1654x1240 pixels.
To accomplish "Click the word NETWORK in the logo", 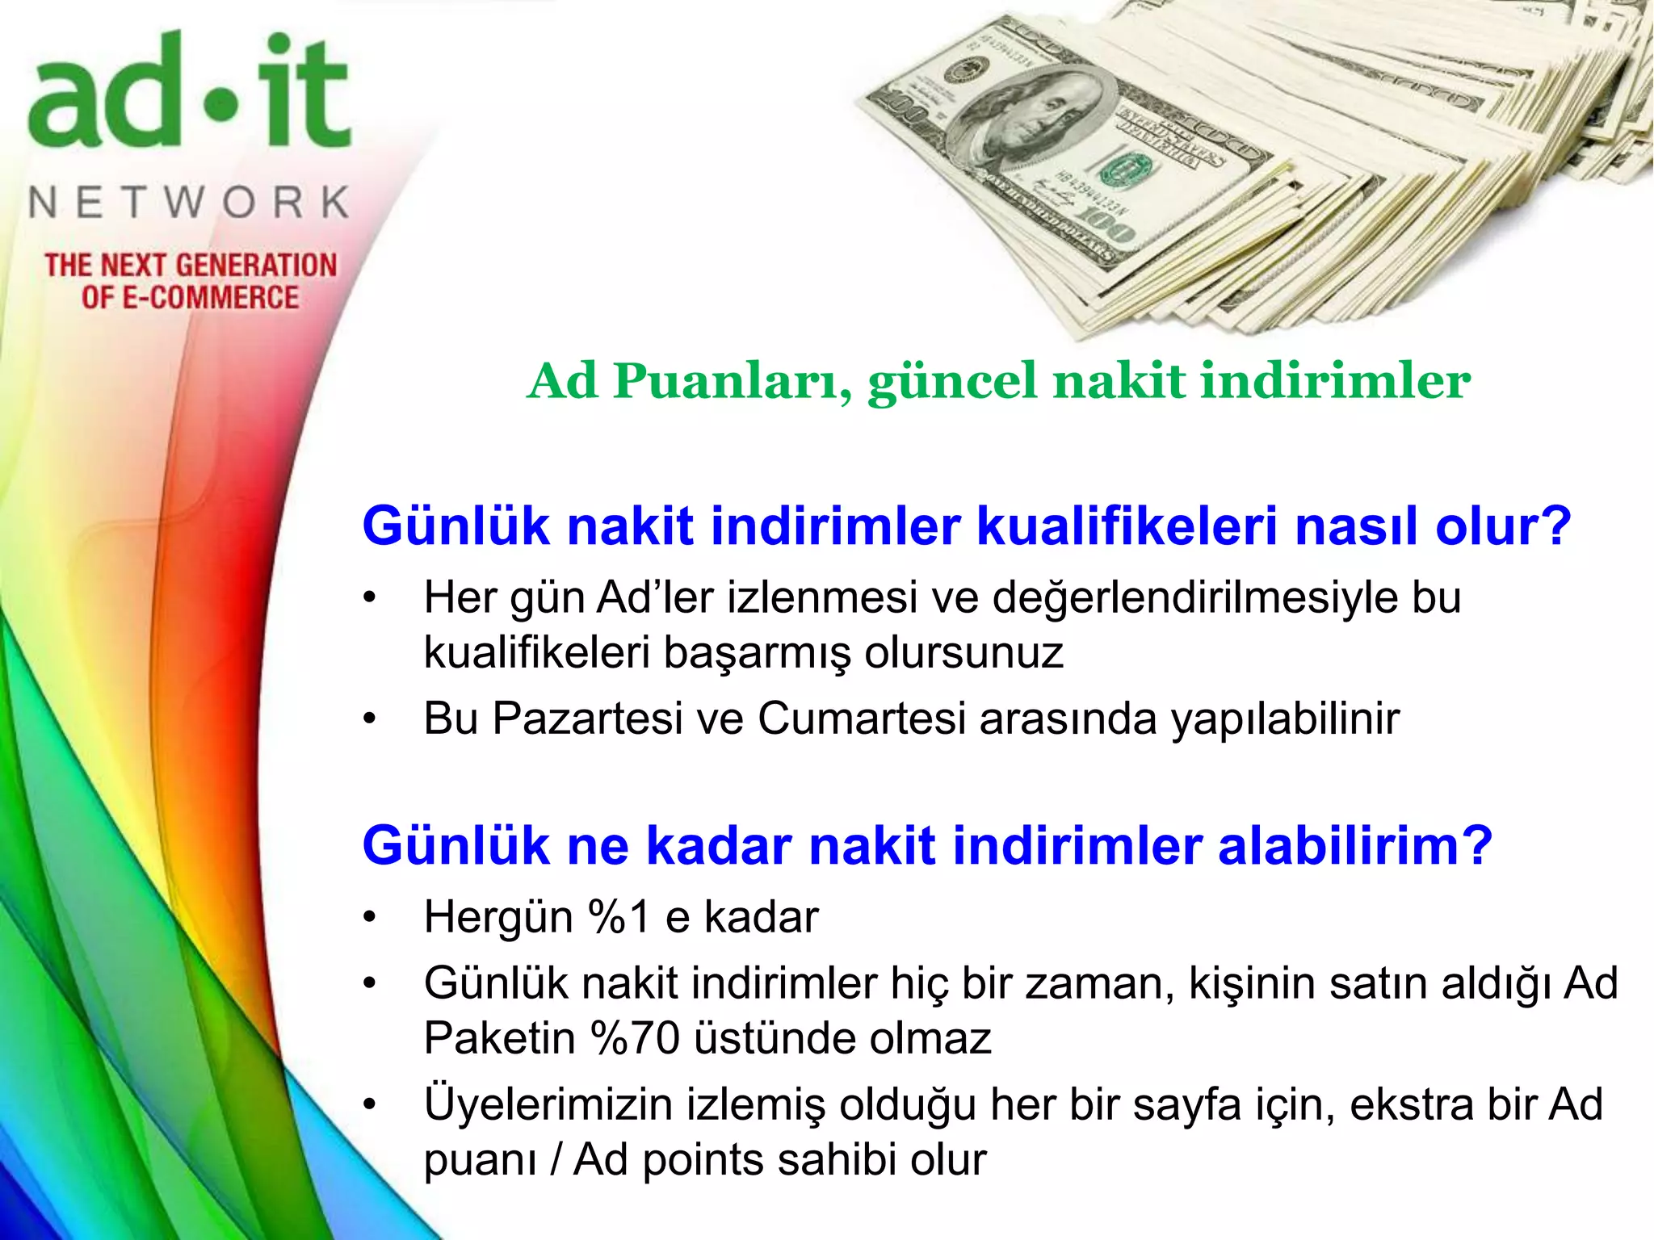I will (190, 203).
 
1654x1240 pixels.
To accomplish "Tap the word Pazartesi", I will (587, 718).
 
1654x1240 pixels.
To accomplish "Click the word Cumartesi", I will (862, 718).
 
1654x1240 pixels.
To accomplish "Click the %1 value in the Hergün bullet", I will (619, 918).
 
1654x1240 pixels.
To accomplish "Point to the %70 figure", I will (635, 1039).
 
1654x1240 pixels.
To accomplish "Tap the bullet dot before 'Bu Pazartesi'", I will (370, 718).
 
